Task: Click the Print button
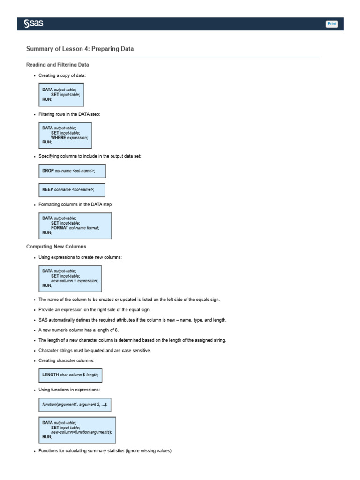click(x=332, y=24)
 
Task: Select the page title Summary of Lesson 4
click(x=80, y=49)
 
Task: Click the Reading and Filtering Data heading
click(x=58, y=64)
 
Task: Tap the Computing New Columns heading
click(x=56, y=246)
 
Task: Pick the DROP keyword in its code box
click(x=48, y=171)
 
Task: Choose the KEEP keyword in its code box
click(x=48, y=189)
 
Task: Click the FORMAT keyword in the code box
click(x=60, y=227)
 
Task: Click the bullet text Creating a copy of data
click(x=62, y=75)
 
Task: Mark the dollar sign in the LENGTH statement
click(x=83, y=375)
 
